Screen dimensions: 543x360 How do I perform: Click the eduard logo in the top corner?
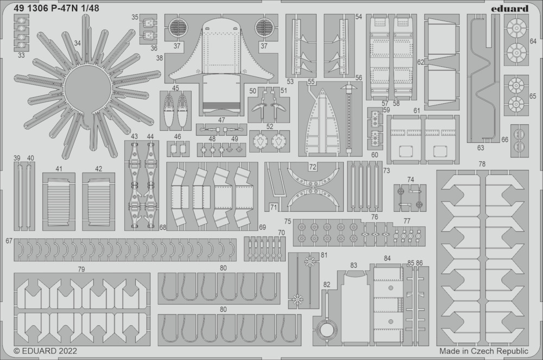pos(509,9)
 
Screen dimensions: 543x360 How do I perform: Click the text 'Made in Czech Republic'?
pos(484,351)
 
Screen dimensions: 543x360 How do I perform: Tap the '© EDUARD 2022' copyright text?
pos(46,351)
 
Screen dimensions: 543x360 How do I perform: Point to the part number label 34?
pos(77,43)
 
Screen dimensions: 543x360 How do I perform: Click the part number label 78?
pos(482,164)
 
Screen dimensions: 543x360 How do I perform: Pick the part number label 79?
pos(81,269)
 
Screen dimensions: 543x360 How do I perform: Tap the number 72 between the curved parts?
pos(313,167)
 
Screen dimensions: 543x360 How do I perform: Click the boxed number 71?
pos(274,207)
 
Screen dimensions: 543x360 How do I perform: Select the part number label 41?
pos(59,169)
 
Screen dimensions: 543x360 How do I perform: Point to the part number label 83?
pos(353,266)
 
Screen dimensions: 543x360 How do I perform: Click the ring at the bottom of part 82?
pos(327,331)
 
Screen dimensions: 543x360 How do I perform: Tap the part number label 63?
pos(481,148)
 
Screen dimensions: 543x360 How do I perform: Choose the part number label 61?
pos(416,111)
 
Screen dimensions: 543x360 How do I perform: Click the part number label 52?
pos(270,127)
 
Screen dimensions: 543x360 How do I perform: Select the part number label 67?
pos(9,241)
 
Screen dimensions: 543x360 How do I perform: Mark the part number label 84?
pos(387,258)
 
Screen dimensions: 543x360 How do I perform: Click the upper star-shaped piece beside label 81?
pos(309,262)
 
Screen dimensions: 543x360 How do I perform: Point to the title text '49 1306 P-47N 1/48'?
pos(56,8)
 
